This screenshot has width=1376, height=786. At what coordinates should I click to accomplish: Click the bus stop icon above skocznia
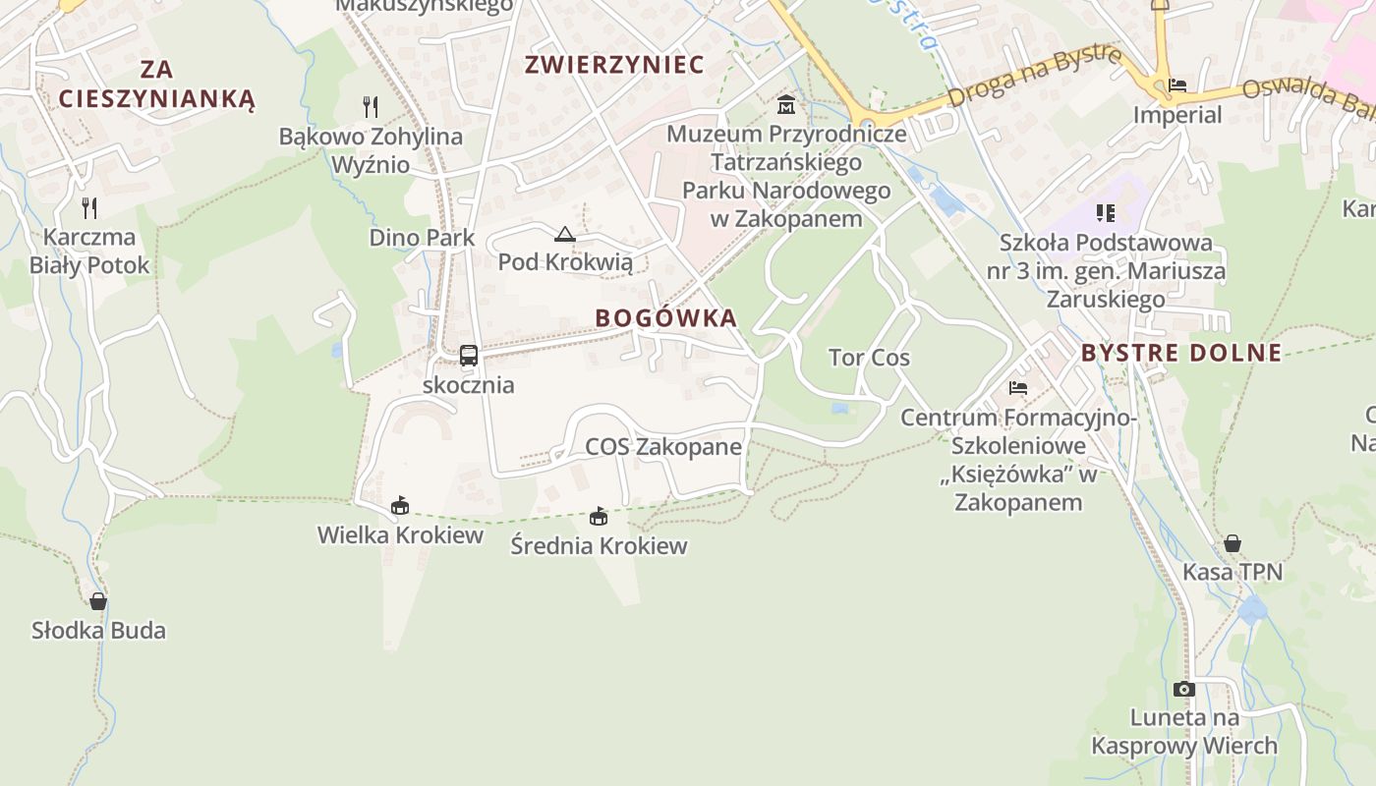tap(469, 356)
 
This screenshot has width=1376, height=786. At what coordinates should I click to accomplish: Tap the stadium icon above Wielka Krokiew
tap(399, 506)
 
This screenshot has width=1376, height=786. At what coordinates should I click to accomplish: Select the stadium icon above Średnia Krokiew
tap(598, 517)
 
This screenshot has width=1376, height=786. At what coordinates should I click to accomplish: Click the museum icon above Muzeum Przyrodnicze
tap(786, 104)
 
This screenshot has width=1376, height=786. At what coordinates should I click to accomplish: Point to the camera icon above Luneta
tap(1184, 689)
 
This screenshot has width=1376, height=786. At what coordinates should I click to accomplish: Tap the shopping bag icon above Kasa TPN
tap(1233, 543)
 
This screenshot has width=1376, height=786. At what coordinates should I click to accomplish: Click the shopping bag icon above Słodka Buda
tap(98, 601)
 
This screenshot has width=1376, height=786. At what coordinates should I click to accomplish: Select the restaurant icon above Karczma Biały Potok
tap(89, 207)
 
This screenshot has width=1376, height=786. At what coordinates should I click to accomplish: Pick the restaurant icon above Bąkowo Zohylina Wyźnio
tap(371, 106)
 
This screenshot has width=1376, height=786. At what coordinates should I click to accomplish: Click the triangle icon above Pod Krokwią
tap(564, 234)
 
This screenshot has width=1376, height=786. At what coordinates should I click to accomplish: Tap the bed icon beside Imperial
tap(1177, 85)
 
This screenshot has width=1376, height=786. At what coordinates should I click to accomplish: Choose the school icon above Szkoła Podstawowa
tap(1106, 212)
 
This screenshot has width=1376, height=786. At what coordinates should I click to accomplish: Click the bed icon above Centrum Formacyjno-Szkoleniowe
tap(1018, 388)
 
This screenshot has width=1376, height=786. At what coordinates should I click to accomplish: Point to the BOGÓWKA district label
tap(666, 318)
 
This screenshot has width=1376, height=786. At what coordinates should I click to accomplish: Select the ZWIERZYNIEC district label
tap(614, 65)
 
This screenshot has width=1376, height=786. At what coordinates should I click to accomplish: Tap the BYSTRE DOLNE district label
tap(1181, 353)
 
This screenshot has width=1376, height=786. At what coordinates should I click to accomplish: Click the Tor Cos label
tap(869, 358)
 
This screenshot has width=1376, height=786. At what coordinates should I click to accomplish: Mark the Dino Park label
tap(422, 238)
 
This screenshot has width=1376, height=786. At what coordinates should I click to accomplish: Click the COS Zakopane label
tap(663, 447)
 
